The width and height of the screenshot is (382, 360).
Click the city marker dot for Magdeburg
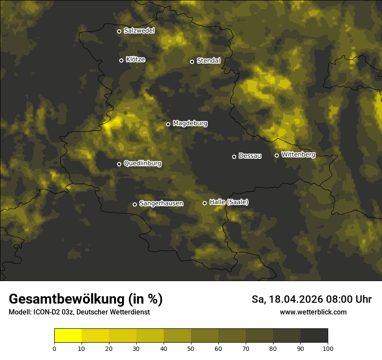pos(168,124)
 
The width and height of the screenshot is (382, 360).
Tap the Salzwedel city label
pos(139,31)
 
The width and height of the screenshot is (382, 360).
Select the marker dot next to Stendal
pos(192,62)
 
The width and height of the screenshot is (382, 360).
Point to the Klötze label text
pos(135,59)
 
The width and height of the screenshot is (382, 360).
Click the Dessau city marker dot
pos(234,157)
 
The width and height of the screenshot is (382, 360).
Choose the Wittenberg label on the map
pos(298,154)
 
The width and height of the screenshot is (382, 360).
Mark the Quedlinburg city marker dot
pos(119,164)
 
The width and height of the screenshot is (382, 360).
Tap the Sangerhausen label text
pos(161,203)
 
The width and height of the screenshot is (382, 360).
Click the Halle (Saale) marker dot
pos(204,203)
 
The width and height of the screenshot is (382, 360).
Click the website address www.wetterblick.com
pos(313,312)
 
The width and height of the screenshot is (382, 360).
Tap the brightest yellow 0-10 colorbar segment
pos(68,336)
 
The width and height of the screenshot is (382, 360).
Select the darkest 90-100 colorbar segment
pos(314,336)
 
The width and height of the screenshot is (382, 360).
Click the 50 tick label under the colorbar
pos(191,348)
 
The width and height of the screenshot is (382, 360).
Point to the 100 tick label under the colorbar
pos(328,348)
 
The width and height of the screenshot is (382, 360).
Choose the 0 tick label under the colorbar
pos(54,348)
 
